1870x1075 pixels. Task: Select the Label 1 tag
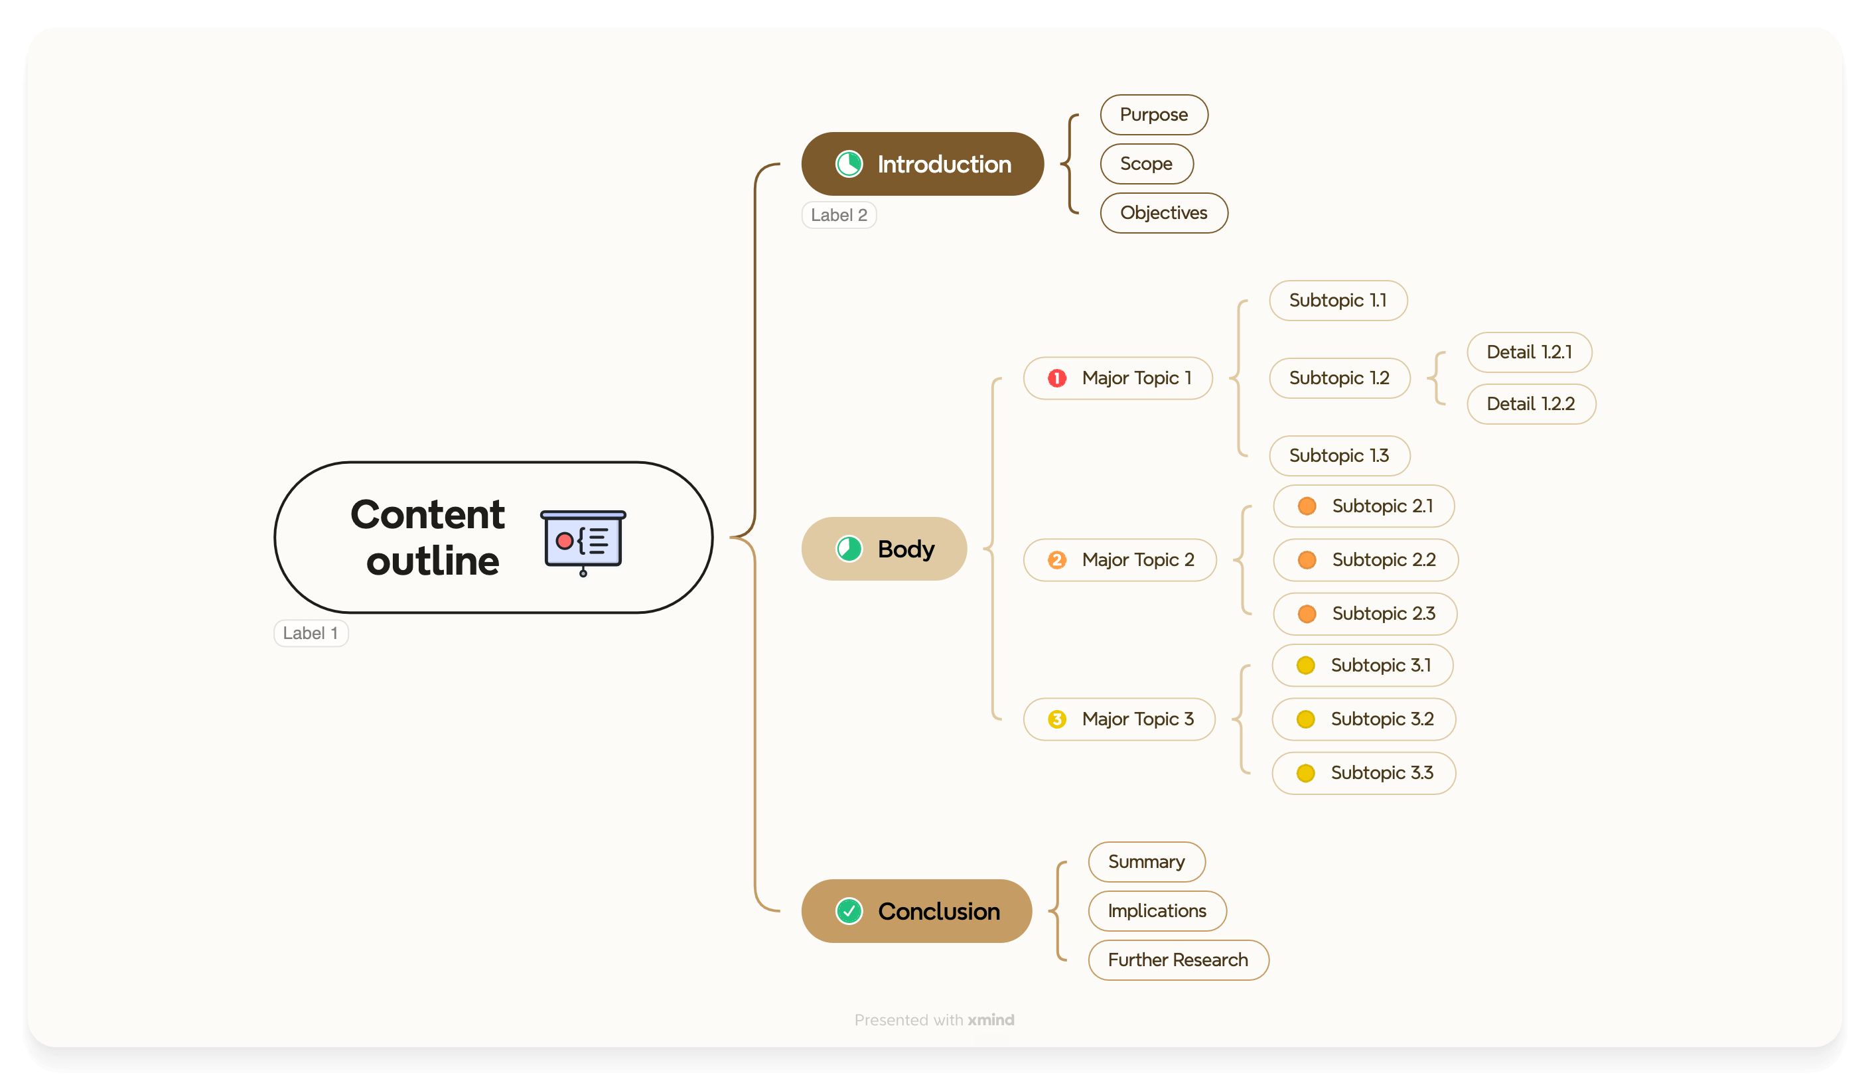(311, 634)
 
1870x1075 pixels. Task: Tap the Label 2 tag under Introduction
(839, 216)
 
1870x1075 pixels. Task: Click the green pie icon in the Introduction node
(849, 164)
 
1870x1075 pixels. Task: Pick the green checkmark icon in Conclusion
(849, 911)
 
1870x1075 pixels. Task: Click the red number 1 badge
(1056, 379)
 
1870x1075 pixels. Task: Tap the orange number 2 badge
(1056, 560)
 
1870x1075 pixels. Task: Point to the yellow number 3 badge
(1056, 719)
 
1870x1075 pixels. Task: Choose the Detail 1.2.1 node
(1529, 352)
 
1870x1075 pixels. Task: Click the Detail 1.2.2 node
(1530, 404)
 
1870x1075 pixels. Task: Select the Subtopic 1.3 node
(1338, 455)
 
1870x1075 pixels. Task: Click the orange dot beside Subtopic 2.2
(1307, 560)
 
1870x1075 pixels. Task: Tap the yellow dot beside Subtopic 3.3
(1305, 773)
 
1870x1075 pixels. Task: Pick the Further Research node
(1177, 960)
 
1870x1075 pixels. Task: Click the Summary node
(1146, 861)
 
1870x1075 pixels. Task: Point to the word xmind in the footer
(991, 1020)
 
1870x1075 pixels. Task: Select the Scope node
(1146, 164)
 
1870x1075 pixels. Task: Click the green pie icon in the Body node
(849, 549)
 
